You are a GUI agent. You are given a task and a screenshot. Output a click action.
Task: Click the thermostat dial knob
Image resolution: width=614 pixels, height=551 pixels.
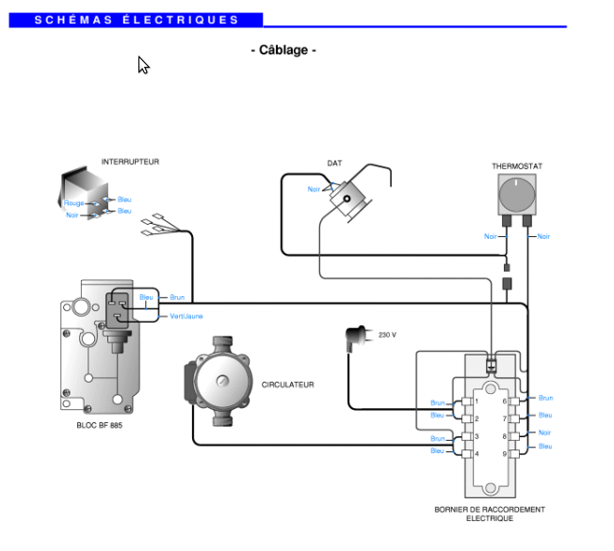tap(517, 195)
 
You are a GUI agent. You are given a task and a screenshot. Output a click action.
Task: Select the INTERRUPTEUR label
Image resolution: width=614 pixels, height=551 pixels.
tap(130, 162)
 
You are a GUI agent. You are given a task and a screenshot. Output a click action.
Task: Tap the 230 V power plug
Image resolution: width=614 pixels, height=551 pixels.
tap(358, 338)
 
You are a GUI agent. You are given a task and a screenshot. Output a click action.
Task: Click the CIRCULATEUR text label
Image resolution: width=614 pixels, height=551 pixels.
tap(288, 385)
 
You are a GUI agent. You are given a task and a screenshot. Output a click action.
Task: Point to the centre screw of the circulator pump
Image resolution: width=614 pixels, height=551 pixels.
tap(222, 380)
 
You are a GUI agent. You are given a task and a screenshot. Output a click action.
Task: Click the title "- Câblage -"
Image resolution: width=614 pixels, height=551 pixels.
tap(283, 50)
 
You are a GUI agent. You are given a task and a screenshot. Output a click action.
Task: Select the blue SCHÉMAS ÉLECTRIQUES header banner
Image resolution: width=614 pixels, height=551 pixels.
tap(136, 20)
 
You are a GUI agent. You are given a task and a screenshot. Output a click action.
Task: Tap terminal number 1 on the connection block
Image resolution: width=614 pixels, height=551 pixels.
tap(477, 401)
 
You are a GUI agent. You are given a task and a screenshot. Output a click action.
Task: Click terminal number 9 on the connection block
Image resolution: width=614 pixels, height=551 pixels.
tap(505, 454)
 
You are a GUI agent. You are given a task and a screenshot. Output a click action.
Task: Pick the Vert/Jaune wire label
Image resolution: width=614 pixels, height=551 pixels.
tap(186, 316)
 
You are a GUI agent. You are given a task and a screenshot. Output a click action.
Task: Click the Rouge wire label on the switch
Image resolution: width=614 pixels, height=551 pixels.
tap(73, 203)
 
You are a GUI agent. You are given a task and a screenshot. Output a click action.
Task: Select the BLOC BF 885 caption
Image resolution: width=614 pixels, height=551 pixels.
tap(100, 425)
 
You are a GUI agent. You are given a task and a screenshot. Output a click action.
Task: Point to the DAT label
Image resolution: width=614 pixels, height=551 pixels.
tap(334, 163)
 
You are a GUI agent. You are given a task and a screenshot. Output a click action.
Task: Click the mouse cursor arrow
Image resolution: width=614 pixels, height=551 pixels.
tap(143, 65)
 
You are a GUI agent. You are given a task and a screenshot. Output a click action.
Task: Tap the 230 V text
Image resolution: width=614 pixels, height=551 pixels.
tap(387, 335)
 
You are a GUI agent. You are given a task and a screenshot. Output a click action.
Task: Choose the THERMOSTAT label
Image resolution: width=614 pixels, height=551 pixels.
tap(517, 166)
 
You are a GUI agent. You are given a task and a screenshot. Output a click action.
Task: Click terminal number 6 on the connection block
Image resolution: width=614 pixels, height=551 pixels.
tap(505, 401)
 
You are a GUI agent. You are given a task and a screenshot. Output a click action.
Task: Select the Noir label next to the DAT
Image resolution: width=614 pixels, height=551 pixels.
tap(314, 189)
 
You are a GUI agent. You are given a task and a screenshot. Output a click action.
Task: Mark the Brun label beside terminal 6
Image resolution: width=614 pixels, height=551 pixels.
tap(545, 398)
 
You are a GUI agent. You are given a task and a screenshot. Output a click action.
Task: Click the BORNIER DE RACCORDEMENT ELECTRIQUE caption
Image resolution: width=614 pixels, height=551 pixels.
tap(490, 513)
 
